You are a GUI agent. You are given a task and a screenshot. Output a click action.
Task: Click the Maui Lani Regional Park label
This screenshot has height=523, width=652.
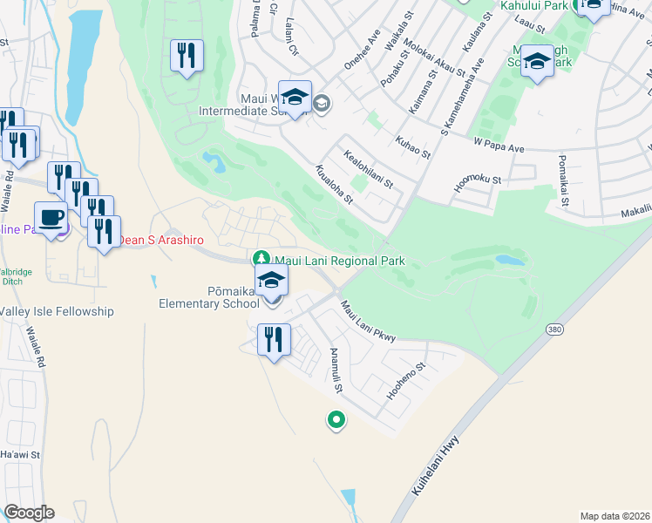click(x=340, y=261)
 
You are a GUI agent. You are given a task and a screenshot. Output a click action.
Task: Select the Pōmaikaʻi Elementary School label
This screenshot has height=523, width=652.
click(x=208, y=297)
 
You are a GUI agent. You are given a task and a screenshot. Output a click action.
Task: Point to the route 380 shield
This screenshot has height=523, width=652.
click(x=554, y=330)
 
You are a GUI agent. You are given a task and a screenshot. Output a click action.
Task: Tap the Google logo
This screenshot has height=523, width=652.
click(x=29, y=513)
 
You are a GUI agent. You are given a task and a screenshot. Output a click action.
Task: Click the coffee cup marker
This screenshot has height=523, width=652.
click(x=51, y=217)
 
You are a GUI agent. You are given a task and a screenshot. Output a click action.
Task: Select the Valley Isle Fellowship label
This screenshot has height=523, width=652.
click(x=58, y=311)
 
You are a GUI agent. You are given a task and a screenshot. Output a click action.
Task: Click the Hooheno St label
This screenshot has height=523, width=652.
click(x=406, y=381)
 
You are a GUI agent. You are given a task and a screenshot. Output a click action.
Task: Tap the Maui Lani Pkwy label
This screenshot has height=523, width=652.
click(x=368, y=321)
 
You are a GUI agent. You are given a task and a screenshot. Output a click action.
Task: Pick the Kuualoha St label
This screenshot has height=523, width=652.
click(x=333, y=185)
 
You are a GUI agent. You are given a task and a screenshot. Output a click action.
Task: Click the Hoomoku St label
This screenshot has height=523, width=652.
click(x=478, y=181)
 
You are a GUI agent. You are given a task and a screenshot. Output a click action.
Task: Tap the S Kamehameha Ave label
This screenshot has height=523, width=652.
click(x=461, y=97)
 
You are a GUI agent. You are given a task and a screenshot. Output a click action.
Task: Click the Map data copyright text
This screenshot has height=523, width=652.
click(x=615, y=516)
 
